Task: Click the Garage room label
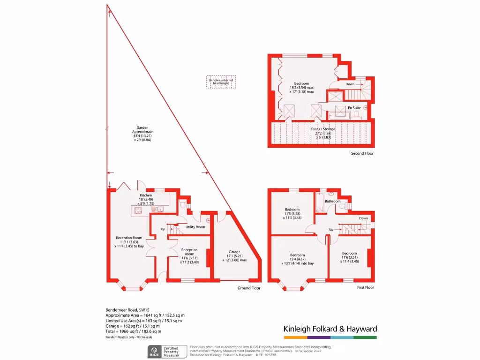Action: tap(234, 252)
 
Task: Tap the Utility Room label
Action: tap(195, 227)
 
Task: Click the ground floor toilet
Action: tap(183, 204)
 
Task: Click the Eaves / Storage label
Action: tap(324, 129)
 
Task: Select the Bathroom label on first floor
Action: tap(332, 201)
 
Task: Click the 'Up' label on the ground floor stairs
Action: tap(163, 229)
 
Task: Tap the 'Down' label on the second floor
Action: tap(350, 84)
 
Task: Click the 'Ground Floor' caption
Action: tap(249, 288)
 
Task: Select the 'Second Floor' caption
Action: tap(362, 153)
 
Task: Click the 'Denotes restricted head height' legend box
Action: tap(222, 82)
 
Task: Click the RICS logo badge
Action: tap(154, 351)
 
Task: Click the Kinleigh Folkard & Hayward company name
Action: tap(330, 329)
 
